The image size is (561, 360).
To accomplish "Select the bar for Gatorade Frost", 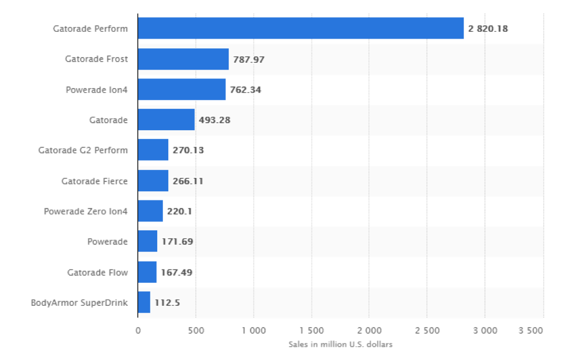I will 183,59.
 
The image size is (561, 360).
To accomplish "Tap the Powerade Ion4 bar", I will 181,89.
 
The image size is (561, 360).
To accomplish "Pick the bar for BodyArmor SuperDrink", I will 144,302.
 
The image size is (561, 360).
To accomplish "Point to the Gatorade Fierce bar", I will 153,181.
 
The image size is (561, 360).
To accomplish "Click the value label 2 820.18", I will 488,28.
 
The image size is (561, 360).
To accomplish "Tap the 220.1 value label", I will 179,211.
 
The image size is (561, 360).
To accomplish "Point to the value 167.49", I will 177,272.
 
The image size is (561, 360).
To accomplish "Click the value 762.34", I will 245,89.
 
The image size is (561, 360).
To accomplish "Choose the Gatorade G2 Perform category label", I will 83,150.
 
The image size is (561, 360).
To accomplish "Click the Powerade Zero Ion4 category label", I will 86,211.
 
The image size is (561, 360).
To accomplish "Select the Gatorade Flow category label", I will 97,272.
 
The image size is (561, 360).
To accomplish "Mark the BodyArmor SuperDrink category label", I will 79,302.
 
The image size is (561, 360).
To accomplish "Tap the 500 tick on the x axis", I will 195,331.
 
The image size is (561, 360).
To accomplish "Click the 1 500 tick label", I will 311,331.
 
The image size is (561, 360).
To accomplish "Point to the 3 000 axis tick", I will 484,331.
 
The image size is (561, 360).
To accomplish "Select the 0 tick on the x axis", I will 138,331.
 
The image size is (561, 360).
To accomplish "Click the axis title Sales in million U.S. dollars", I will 340,344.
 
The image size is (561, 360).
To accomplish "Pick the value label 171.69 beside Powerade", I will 177,241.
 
